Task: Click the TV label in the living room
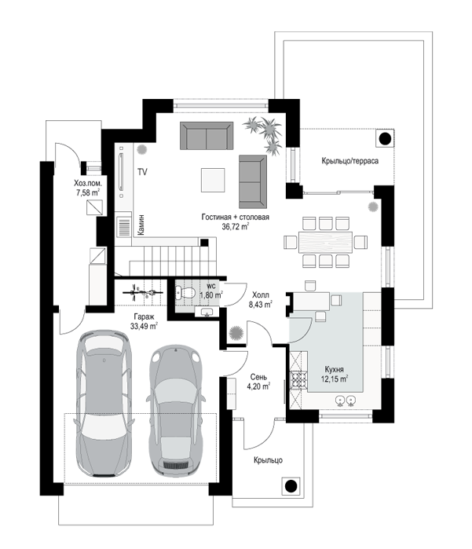(x=142, y=172)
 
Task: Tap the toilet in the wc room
(x=185, y=292)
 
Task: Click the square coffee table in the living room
(x=213, y=180)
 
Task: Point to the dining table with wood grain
(x=325, y=242)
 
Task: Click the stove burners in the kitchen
(x=298, y=379)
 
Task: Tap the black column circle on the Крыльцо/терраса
(x=385, y=139)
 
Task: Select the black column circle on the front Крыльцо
(x=291, y=486)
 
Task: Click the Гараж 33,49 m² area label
(x=144, y=321)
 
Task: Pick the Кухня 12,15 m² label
(x=335, y=374)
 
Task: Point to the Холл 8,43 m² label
(x=261, y=299)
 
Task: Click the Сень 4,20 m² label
(x=258, y=382)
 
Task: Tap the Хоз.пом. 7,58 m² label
(x=88, y=188)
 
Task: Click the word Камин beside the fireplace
(x=141, y=225)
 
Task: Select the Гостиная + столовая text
(x=236, y=217)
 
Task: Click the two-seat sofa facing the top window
(x=207, y=136)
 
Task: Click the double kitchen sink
(x=346, y=401)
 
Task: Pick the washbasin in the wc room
(x=207, y=312)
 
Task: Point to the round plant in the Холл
(x=236, y=333)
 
